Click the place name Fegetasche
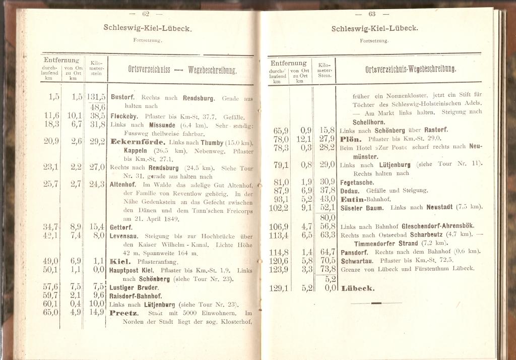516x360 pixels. click(357, 183)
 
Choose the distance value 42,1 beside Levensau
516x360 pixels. click(51, 235)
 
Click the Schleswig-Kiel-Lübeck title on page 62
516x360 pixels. click(147, 28)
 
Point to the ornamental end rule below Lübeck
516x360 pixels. click(376, 303)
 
